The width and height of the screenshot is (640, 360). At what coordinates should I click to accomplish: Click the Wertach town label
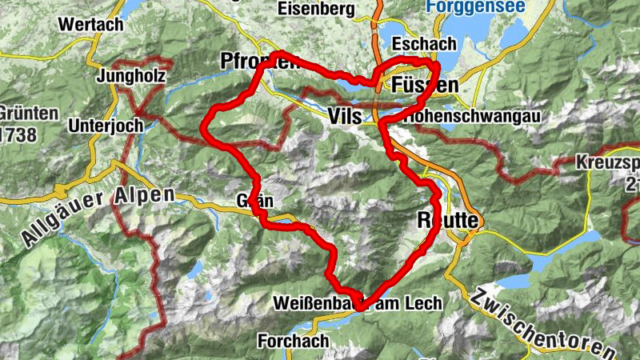point(90,25)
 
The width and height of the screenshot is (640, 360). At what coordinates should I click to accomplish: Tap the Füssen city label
point(426,86)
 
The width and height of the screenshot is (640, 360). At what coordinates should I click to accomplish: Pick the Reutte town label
point(448,219)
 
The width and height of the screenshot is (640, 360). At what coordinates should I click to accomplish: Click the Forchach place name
point(293,341)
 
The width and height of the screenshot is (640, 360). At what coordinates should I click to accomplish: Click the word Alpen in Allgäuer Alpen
point(144,194)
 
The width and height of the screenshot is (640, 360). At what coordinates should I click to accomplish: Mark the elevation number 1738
point(19,134)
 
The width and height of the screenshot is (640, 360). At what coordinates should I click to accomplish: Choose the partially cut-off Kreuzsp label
point(607,164)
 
